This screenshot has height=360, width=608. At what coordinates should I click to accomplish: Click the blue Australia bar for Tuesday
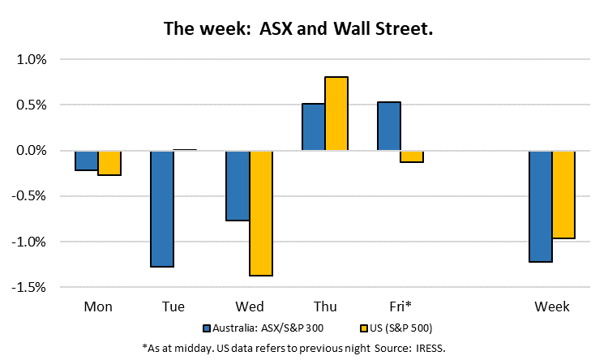(x=162, y=208)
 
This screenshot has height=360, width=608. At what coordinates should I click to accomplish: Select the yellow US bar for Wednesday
(x=261, y=213)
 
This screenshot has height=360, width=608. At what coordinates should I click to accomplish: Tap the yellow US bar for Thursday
(x=336, y=114)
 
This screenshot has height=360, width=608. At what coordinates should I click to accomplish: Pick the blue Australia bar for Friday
(x=389, y=126)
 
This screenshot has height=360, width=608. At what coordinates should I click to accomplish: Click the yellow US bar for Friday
(x=412, y=156)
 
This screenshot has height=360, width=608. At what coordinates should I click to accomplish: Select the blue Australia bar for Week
(x=541, y=207)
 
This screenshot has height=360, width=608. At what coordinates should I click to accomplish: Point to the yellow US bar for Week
(x=563, y=195)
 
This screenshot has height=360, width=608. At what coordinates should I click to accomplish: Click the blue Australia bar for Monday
(x=87, y=161)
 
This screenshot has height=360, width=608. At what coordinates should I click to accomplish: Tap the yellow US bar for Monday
(x=109, y=163)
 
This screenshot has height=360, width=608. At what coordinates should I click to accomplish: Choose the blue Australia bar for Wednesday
(x=238, y=186)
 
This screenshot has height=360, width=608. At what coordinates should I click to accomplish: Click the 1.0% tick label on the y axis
(x=32, y=60)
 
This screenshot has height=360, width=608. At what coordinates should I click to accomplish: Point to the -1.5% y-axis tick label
(x=28, y=288)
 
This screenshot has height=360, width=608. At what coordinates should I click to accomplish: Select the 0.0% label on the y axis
(x=32, y=151)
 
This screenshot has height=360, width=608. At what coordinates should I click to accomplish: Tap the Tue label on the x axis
(x=173, y=306)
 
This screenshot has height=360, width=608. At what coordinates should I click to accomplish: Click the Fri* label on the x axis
(x=400, y=306)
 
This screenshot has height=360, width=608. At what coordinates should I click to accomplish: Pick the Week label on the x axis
(x=552, y=306)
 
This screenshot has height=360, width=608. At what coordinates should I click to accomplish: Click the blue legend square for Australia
(x=207, y=328)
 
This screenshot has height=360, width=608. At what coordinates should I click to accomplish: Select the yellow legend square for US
(x=364, y=328)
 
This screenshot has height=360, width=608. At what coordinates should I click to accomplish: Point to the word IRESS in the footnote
(x=430, y=349)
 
